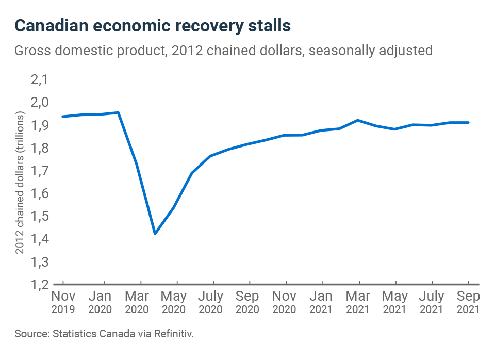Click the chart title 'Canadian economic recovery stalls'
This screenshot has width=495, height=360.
(153, 26)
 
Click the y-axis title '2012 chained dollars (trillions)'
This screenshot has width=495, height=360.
(20, 184)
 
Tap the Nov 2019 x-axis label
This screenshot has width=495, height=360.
(63, 303)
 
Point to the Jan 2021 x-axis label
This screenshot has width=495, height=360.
(322, 303)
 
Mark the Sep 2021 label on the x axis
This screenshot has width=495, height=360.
(468, 303)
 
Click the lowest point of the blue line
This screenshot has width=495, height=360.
(155, 234)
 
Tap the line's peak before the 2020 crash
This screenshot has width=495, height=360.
(119, 112)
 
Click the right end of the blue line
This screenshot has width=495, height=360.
(468, 122)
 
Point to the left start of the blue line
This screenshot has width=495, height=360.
(63, 117)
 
